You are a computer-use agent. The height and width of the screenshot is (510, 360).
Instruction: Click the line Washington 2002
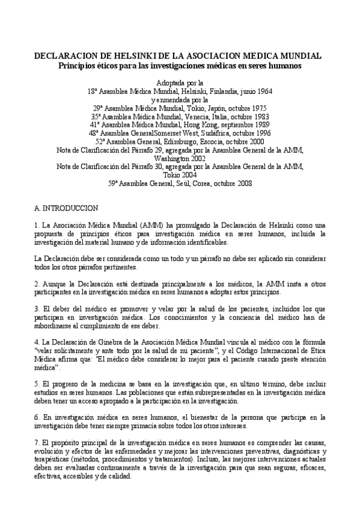[180, 158]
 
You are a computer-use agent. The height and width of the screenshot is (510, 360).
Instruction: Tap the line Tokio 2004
[180, 175]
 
